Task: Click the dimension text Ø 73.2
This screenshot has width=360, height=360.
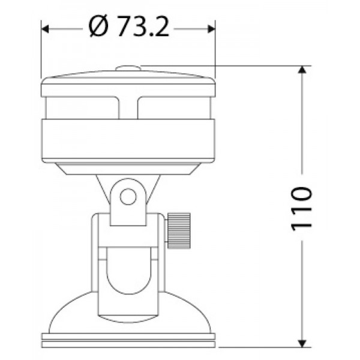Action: pyautogui.click(x=128, y=27)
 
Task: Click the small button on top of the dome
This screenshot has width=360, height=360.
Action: pyautogui.click(x=128, y=69)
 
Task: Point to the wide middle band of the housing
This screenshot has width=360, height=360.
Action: pyautogui.click(x=128, y=139)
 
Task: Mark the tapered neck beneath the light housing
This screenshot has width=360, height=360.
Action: pyautogui.click(x=128, y=169)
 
